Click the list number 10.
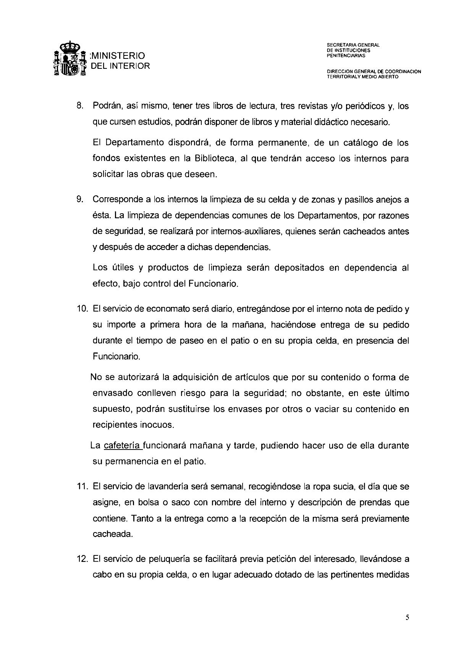pos(82,309)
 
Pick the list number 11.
pos(82,487)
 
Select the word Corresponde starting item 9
pos(118,200)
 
